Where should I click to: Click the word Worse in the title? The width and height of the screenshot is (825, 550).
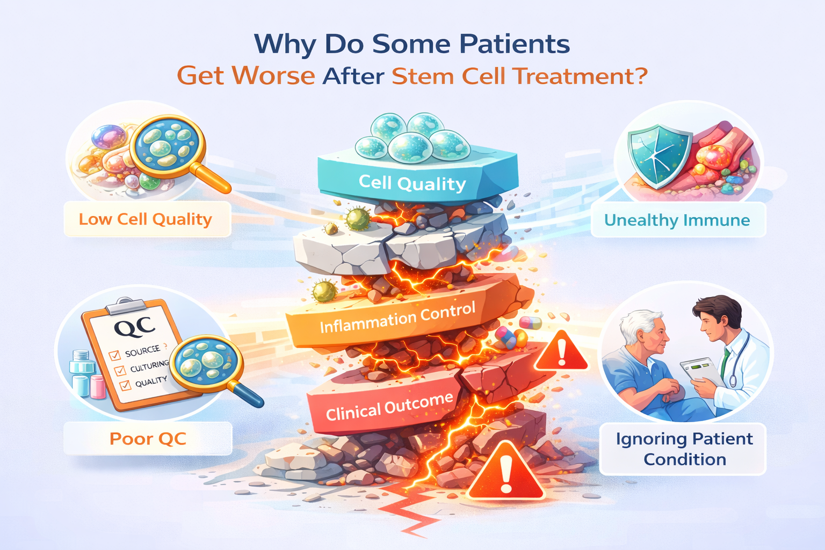pos(273,76)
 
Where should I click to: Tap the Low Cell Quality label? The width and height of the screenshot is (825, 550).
pos(146,219)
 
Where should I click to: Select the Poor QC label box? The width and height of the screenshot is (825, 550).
pos(148,438)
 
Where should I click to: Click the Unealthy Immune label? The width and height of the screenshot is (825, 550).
pos(677,220)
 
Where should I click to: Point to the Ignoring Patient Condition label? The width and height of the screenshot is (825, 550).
pos(684,449)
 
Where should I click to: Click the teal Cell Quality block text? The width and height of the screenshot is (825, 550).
pos(412,183)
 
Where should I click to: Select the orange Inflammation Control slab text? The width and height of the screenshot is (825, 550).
pos(398,318)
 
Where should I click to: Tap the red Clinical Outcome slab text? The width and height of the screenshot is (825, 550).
pos(389,407)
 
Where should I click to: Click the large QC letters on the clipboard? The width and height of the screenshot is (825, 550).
pos(134,327)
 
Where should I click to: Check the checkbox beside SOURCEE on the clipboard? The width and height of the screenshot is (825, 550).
pos(114,356)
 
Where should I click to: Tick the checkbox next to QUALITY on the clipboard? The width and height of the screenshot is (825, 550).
pos(125,385)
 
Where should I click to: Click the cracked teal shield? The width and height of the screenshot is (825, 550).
pos(659,155)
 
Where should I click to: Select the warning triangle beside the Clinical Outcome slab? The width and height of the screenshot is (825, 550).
pos(561,352)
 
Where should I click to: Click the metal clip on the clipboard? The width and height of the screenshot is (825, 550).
pos(125,306)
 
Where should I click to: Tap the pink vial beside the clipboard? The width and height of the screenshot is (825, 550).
pos(98,387)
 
